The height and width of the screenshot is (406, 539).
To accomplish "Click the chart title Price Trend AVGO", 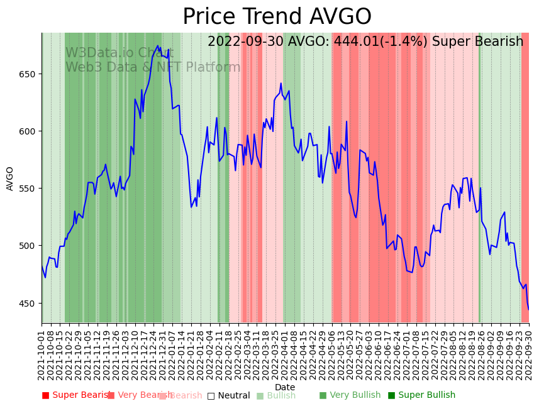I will tap(277, 17).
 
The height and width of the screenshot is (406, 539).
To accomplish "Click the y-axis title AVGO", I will tap(10, 178).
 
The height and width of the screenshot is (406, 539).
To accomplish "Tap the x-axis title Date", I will tap(285, 388).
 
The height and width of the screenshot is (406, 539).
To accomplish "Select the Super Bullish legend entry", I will tap(421, 395).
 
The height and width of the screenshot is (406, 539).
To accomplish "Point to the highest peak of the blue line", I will tap(158, 45).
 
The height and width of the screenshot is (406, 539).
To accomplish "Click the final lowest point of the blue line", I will tap(528, 309).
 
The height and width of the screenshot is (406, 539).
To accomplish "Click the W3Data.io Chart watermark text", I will tap(119, 53).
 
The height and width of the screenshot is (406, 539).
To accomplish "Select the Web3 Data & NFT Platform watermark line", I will tap(153, 67).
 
